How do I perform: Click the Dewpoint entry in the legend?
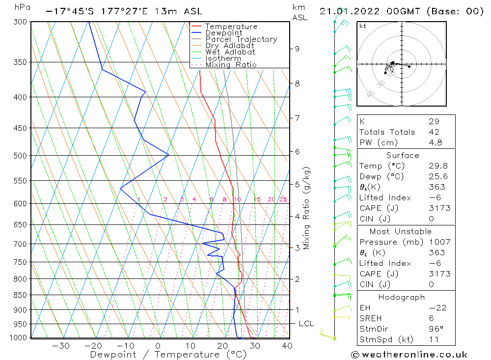pyautogui.click(x=223, y=33)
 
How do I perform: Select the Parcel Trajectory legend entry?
pyautogui.click(x=241, y=39)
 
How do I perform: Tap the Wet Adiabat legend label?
pyautogui.click(x=230, y=52)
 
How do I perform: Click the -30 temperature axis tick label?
pyautogui.click(x=60, y=346)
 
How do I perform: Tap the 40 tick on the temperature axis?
pyautogui.click(x=287, y=346)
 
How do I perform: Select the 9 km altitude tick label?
pyautogui.click(x=298, y=49)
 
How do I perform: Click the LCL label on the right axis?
pyautogui.click(x=306, y=324)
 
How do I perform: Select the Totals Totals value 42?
pyautogui.click(x=434, y=132)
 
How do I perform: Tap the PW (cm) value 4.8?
pyautogui.click(x=435, y=142)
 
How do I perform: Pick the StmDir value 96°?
pyautogui.click(x=436, y=329)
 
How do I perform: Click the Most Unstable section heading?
pyautogui.click(x=400, y=231)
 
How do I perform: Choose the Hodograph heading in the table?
pyautogui.click(x=401, y=297)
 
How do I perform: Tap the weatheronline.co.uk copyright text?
pyautogui.click(x=409, y=355)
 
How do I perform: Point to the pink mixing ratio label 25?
pyautogui.click(x=283, y=199)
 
